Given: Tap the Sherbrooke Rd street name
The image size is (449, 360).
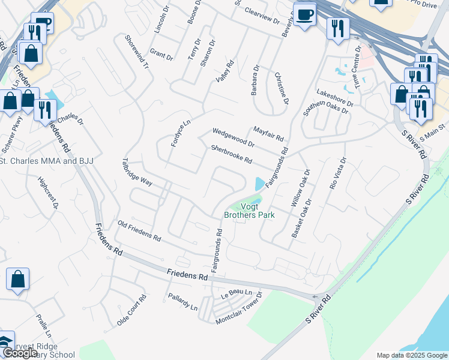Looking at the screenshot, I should [x=231, y=155].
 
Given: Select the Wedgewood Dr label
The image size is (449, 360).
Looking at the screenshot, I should [x=233, y=138].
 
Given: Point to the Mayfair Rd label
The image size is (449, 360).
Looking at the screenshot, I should [x=268, y=133].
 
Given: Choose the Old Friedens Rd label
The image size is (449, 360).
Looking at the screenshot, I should [x=139, y=230].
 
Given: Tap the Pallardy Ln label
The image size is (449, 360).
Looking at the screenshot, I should [x=182, y=302].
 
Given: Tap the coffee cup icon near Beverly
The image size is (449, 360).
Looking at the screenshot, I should [x=305, y=14].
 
